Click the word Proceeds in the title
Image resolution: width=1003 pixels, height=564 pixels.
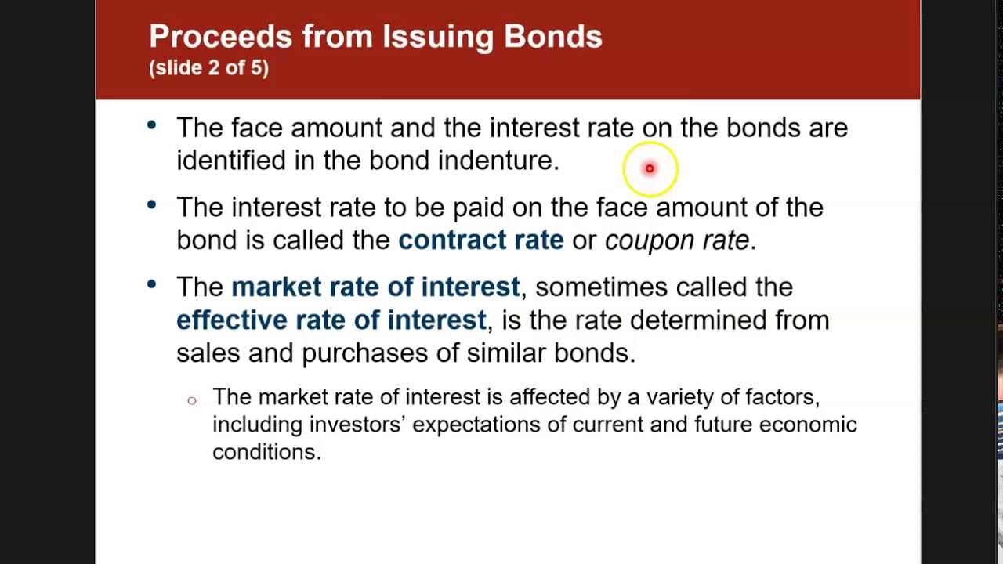point(220,37)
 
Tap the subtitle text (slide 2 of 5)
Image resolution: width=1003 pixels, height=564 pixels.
point(208,68)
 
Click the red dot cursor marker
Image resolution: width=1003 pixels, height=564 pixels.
point(650,168)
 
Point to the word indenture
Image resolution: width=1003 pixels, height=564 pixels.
point(498,161)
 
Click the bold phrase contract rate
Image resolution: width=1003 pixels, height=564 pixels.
point(480,240)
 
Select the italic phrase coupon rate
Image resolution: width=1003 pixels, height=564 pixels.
point(677,240)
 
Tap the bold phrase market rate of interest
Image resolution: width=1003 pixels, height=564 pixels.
point(375,287)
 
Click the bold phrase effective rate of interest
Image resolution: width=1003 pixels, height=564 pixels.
point(331,320)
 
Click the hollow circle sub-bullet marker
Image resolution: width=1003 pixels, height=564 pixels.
point(192,401)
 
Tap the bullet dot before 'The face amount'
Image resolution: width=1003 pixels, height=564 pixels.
point(151,125)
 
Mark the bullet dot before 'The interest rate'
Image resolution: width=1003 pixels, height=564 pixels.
point(151,204)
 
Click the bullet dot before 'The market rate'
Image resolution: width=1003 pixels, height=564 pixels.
point(151,284)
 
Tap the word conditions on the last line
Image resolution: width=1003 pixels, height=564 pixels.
point(266,452)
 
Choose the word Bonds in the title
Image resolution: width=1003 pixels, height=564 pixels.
point(552,37)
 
